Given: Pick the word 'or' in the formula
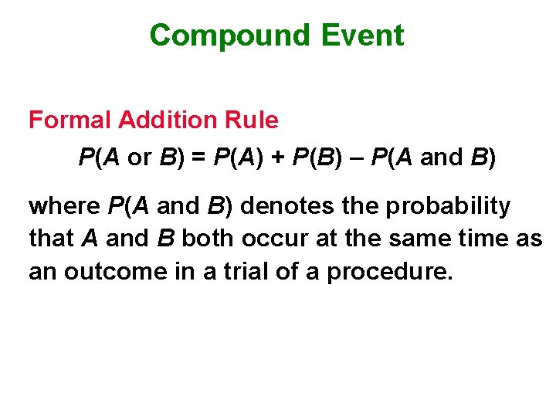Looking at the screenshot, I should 140,158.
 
